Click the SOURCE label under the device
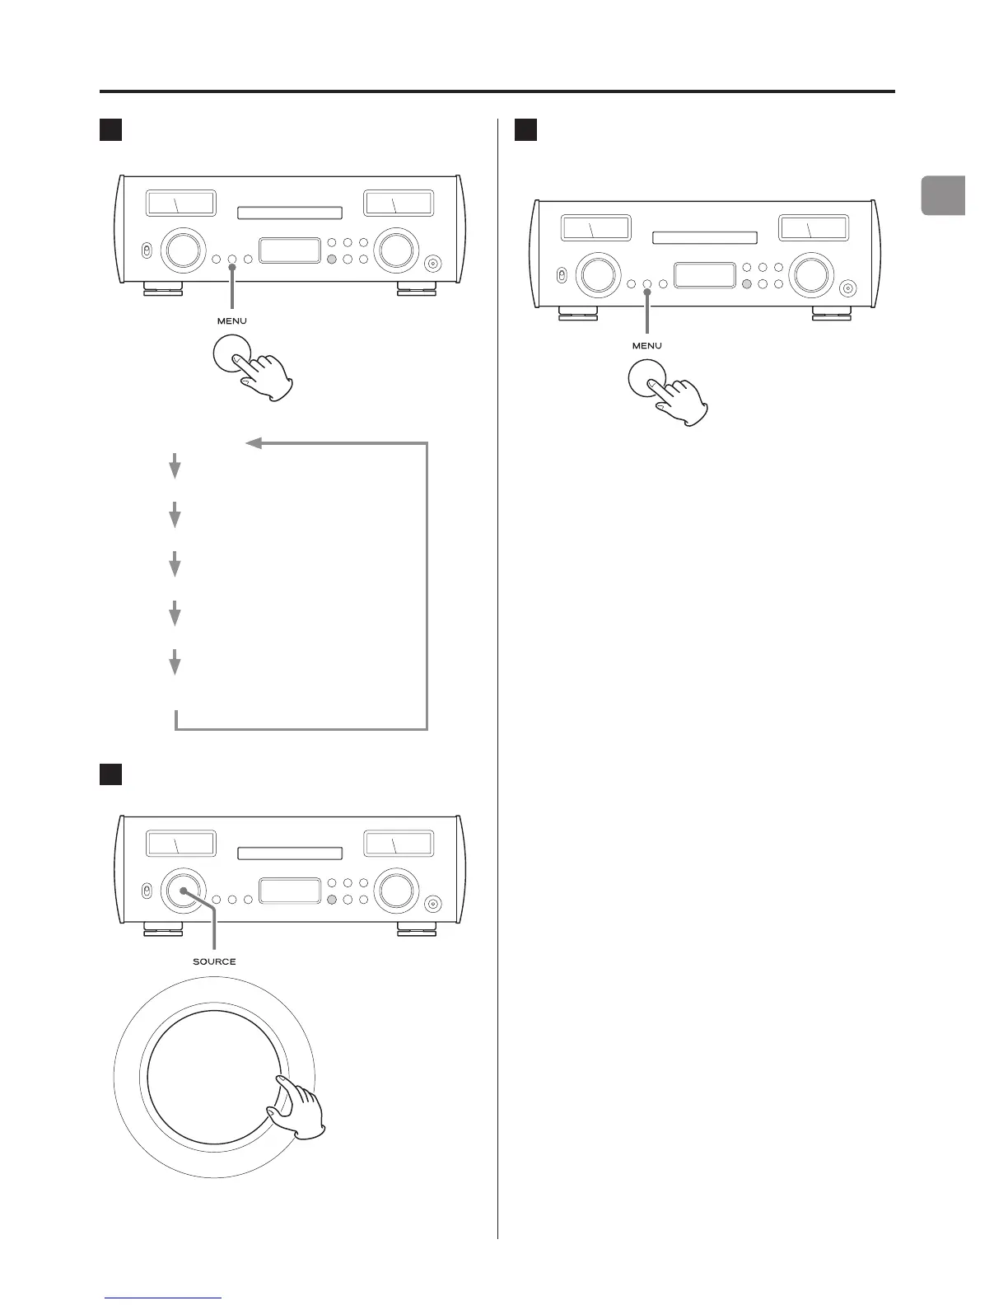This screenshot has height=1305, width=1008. [214, 961]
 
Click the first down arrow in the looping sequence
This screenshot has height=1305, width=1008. [175, 468]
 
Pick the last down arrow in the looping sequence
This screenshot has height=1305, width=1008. [175, 662]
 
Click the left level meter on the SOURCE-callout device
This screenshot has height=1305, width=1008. [180, 844]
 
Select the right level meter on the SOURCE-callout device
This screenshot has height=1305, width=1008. [398, 844]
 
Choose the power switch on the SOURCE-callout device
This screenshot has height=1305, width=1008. [145, 891]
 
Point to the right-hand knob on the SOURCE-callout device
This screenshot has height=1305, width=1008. [395, 890]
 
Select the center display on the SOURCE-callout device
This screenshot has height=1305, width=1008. [290, 891]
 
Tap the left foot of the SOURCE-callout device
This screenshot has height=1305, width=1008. [163, 928]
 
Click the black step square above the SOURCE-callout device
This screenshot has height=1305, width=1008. [111, 774]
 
